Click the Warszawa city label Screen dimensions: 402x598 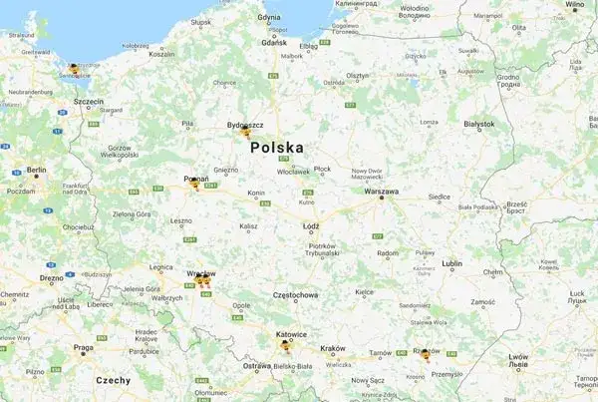[x=382, y=191]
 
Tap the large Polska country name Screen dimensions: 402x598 [x=277, y=148]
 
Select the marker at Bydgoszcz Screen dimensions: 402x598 [x=245, y=129]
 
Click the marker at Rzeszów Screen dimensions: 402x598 [x=426, y=353]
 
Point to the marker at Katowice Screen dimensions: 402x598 [x=286, y=345]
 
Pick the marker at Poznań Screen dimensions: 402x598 [x=194, y=183]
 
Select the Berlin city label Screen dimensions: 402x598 [x=36, y=171]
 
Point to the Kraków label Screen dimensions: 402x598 [x=333, y=348]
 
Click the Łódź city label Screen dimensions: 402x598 [x=311, y=226]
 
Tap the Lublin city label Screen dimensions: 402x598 [x=452, y=264]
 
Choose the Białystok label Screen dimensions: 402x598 [x=478, y=124]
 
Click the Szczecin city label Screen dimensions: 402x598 [x=89, y=101]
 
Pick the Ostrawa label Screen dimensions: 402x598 [x=256, y=367]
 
